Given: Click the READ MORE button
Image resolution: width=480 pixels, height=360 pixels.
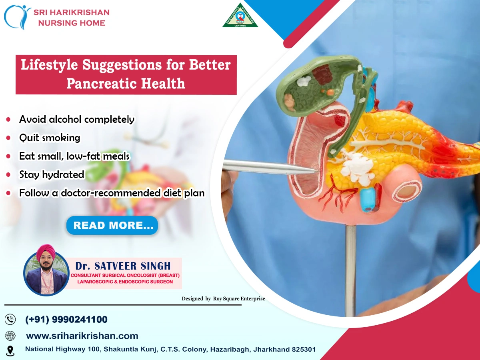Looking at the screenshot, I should point(112,226).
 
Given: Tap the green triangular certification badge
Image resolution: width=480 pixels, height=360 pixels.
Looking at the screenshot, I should point(240,16).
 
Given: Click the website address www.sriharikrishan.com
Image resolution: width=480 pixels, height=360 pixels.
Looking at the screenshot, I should point(82,336).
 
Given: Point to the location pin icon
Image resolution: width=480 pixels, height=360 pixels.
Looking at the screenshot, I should point(10,350).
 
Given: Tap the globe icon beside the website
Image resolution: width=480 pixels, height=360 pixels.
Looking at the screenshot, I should point(10,336).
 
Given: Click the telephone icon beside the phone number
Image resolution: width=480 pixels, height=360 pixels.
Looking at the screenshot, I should point(10,320).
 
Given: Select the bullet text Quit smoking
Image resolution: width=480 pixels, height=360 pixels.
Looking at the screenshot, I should point(50,138).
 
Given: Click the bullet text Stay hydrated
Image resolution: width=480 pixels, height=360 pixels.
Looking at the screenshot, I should point(52,174).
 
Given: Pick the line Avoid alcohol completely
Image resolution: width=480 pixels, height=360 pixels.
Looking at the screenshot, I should point(76,119).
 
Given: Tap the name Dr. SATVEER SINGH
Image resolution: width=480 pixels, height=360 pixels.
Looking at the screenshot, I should point(123,266).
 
